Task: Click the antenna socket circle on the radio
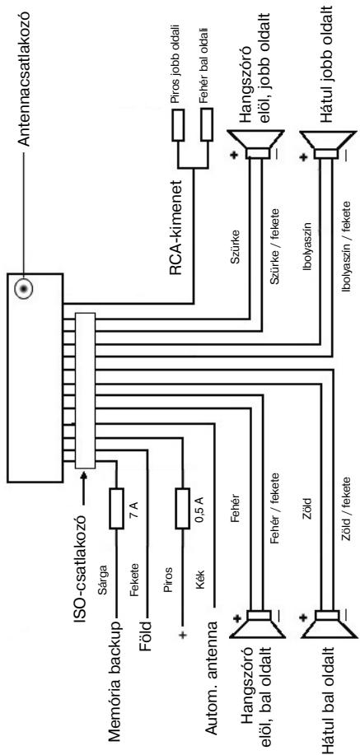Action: point(22,289)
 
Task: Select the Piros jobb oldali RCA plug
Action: point(178,124)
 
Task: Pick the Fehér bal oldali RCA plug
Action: point(207,124)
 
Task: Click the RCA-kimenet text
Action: point(177,227)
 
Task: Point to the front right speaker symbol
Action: point(255,144)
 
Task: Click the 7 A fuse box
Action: point(117,508)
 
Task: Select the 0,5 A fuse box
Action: point(183,508)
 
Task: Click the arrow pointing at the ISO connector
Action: point(85,488)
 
